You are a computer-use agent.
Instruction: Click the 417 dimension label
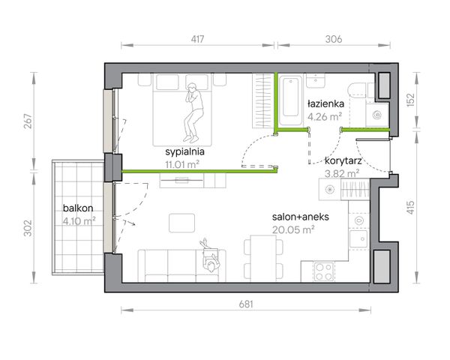197,39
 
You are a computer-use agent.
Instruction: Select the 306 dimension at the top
334,39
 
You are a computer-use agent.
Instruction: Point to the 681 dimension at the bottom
246,304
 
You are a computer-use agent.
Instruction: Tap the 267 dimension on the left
28,121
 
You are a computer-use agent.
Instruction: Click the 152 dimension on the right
411,100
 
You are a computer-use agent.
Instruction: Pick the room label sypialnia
184,151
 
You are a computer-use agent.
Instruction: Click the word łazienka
325,103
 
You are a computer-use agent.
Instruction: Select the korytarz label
343,160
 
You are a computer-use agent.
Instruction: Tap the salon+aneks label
301,217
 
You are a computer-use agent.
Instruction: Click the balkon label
78,208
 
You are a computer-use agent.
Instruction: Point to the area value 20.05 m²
293,229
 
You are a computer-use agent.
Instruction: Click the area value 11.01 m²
182,165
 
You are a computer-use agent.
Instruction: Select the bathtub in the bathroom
290,100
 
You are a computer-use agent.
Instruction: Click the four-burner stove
324,272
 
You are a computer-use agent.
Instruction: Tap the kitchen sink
358,239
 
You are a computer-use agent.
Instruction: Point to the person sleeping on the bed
193,112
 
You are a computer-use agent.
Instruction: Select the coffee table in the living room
181,223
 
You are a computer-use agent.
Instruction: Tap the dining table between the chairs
263,258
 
